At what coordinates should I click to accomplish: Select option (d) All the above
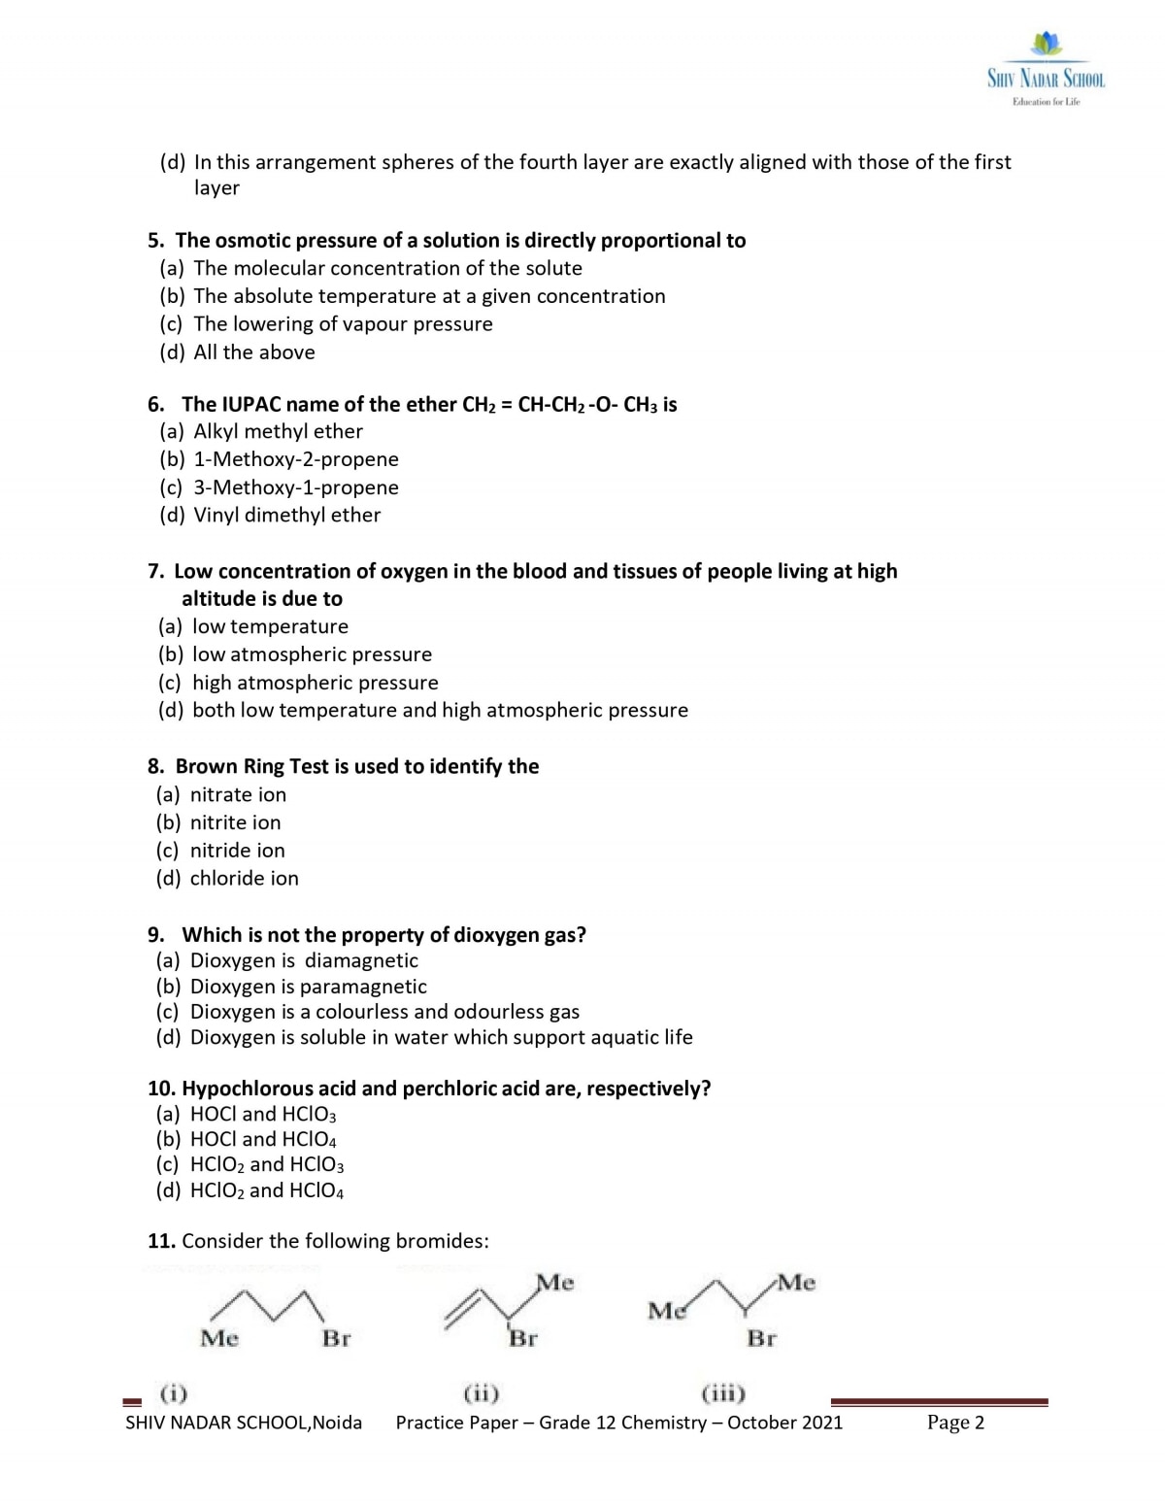click(253, 352)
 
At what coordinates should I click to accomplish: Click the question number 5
click(156, 241)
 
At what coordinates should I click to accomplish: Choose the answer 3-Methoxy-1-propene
click(295, 487)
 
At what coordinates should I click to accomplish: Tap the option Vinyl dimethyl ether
click(286, 516)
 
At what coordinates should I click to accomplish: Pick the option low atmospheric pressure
click(312, 654)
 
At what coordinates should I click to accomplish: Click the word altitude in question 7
click(220, 599)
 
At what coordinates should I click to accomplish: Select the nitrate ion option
click(238, 795)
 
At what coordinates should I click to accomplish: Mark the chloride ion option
click(244, 879)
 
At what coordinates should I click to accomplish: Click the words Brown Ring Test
click(251, 767)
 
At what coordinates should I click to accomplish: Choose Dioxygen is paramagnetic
click(308, 987)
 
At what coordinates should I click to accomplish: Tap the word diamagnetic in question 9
click(361, 961)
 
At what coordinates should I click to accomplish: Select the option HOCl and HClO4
click(263, 1139)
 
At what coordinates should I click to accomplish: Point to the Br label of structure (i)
click(336, 1338)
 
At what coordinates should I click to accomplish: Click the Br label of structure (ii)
click(523, 1338)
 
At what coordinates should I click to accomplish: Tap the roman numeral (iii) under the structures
click(722, 1394)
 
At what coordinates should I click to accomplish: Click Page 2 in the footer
click(955, 1423)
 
